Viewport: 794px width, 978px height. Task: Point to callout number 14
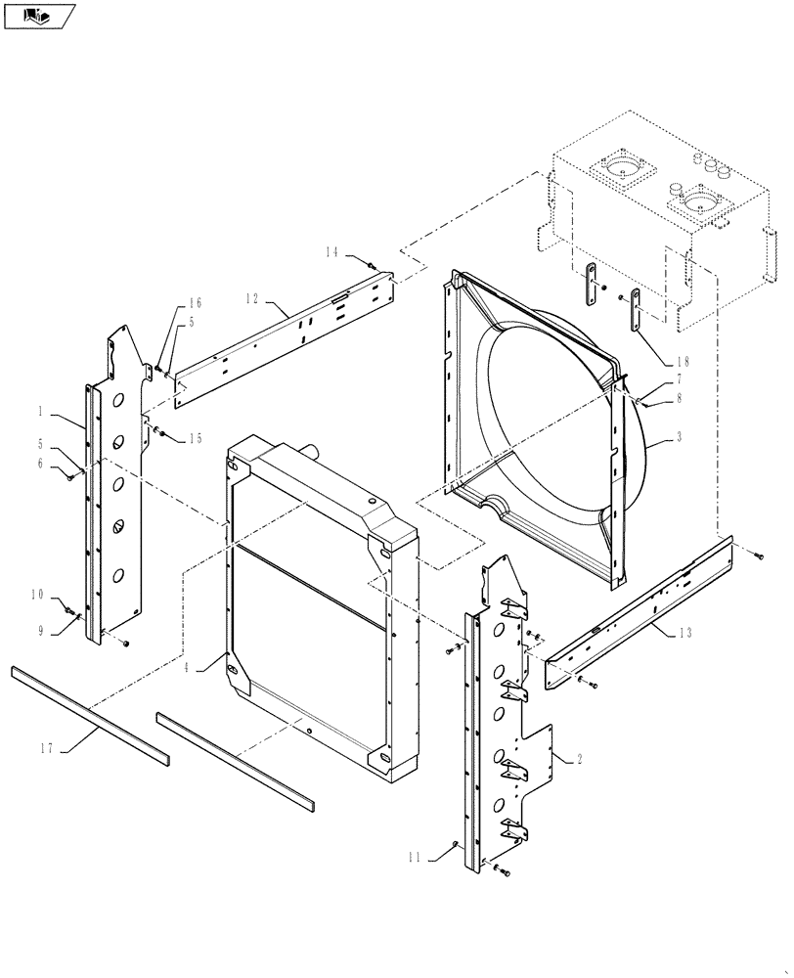332,252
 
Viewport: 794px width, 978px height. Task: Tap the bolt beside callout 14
371,264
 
